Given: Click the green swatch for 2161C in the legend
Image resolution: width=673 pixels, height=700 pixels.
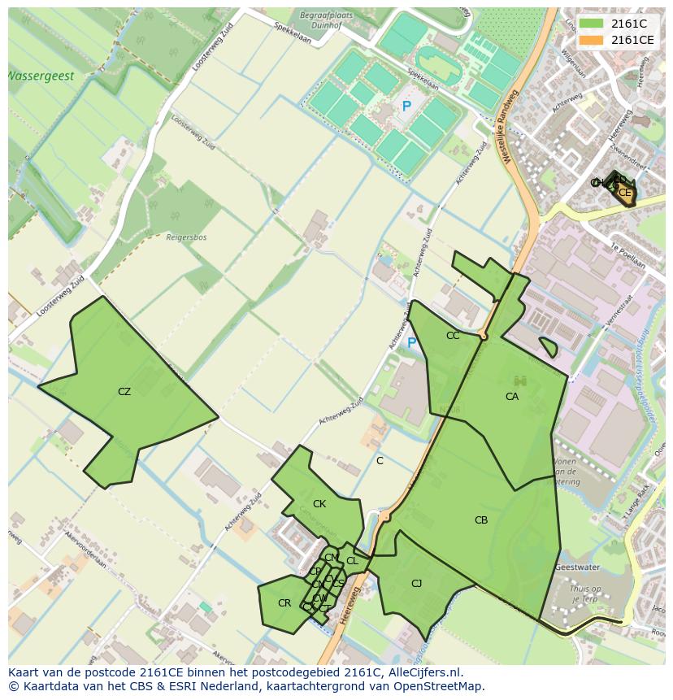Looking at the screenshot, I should point(591,24).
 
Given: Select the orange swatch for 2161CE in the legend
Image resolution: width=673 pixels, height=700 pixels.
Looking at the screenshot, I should point(591,40).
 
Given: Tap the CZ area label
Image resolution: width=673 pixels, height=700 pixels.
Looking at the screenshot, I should point(124,392).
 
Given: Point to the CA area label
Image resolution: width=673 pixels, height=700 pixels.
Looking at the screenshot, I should point(512,397).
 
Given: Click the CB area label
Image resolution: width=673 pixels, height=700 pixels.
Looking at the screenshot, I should point(481,520).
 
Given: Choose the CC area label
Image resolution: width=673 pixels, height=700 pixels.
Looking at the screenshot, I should point(453,336).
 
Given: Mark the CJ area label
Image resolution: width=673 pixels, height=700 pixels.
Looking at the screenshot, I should point(416,584).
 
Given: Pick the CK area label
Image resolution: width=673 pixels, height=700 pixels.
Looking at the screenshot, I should point(319,504).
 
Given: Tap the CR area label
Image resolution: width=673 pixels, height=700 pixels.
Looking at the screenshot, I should point(284,603).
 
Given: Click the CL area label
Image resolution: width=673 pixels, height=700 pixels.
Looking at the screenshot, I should point(352,561).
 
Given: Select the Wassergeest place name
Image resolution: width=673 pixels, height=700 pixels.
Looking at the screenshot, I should point(41,76).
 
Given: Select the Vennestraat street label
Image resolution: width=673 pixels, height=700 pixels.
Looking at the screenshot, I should point(619,310).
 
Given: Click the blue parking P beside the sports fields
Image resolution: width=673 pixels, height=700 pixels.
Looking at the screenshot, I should point(406,107).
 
